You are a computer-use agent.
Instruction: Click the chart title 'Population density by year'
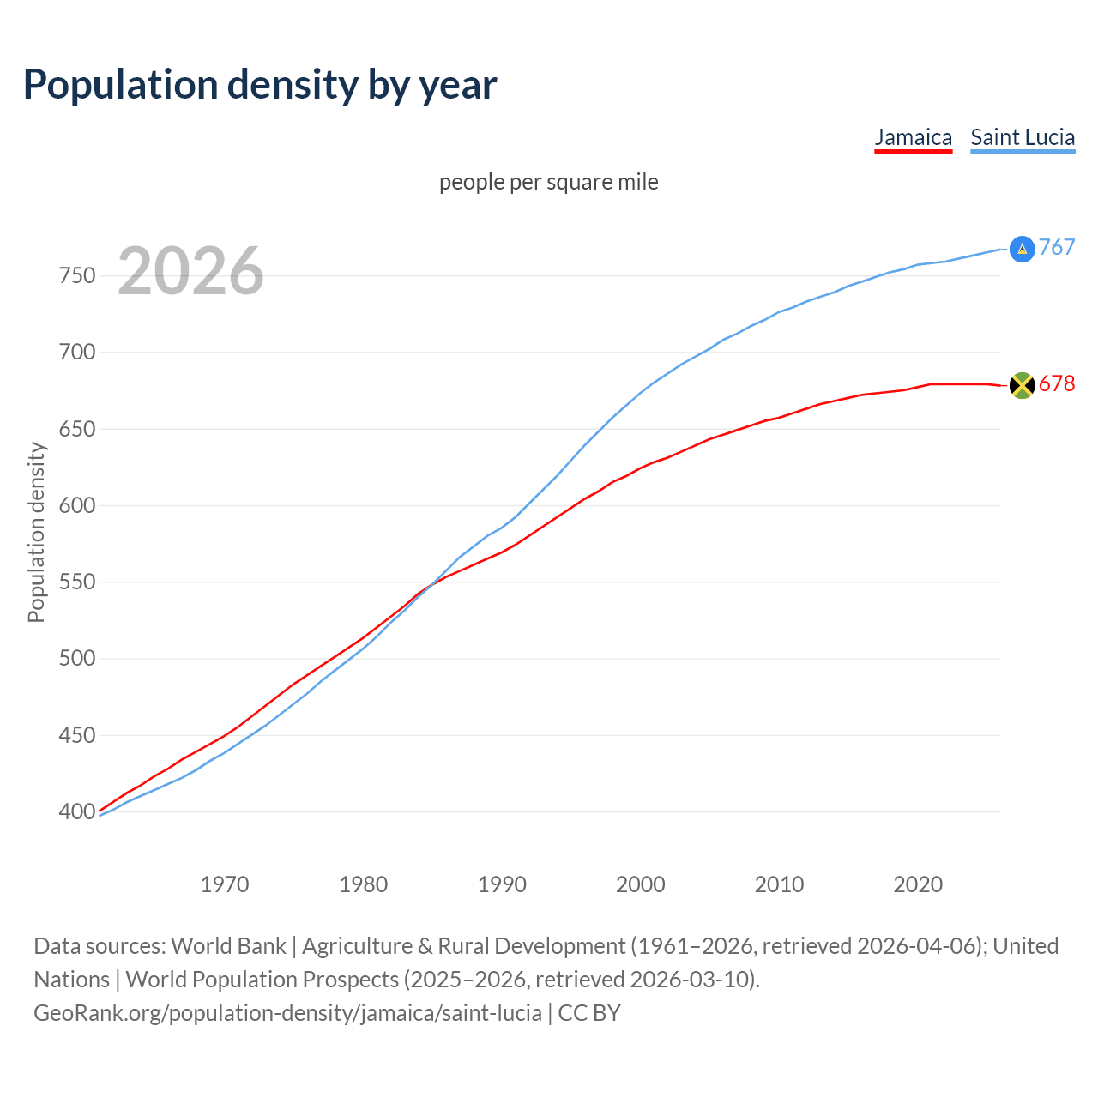260,85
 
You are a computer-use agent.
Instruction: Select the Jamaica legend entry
913,137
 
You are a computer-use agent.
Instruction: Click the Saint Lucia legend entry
1023,137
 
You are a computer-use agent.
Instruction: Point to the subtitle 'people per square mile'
549,182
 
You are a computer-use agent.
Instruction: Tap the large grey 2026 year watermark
190,271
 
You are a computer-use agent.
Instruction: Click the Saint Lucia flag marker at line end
1022,249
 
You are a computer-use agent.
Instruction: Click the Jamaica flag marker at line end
1022,385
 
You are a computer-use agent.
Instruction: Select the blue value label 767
1057,247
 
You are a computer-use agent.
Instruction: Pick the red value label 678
1057,383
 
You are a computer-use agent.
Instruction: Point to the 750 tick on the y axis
77,276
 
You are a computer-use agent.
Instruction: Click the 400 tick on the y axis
77,811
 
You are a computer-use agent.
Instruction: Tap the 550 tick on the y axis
77,582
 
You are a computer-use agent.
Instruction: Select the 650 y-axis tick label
77,429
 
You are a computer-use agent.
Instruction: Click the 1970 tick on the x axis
225,884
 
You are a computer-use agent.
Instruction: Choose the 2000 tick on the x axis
641,884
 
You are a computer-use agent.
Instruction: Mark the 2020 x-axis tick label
918,884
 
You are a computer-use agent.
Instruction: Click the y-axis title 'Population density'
36,532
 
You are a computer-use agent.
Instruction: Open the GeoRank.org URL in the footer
287,1013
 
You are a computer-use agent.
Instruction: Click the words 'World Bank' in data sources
228,946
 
